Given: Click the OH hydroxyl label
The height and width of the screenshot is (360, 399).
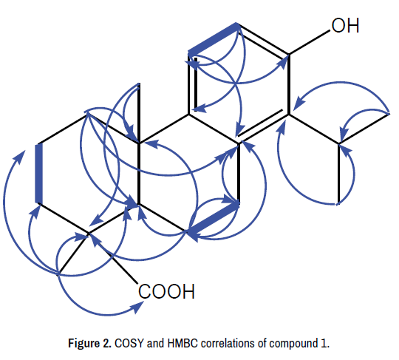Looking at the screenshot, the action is click(345, 26).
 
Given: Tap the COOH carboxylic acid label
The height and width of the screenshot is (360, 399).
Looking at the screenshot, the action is click(166, 291).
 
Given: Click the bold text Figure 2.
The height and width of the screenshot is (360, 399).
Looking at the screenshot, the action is click(89, 344).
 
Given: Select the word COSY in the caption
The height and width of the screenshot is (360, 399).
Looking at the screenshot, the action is click(129, 344).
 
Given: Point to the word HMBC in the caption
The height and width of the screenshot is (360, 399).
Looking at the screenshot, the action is click(183, 344).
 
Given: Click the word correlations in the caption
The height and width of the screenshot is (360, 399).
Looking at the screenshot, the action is click(228, 344).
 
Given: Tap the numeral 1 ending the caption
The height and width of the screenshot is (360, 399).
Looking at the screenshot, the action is click(324, 344).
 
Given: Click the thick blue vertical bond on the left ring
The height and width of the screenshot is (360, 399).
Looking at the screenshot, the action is click(38, 174).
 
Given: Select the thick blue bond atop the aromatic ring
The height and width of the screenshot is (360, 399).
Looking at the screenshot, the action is click(213, 38).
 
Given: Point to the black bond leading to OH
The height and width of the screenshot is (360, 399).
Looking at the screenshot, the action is click(309, 42).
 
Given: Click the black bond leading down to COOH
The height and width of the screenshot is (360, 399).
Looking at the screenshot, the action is click(113, 259).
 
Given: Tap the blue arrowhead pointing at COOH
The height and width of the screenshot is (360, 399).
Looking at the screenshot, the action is click(139, 308).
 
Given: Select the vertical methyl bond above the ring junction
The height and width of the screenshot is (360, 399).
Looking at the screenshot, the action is click(139, 113).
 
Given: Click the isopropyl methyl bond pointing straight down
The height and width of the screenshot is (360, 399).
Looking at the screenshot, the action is click(339, 174).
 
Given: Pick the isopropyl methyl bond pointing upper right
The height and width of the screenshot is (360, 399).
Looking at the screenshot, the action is click(364, 129).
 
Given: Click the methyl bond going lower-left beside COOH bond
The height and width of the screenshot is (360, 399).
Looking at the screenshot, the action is click(72, 254).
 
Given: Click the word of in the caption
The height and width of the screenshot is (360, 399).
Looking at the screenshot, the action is click(262, 344).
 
